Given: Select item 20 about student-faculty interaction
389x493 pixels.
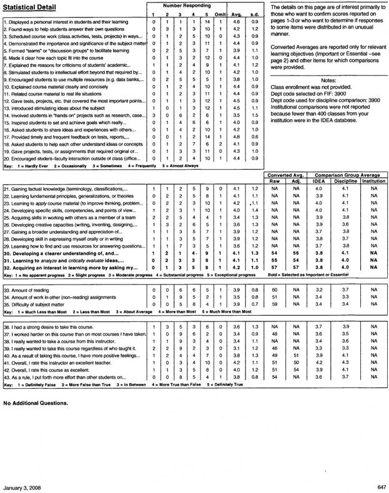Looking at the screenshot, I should pyautogui.click(x=72, y=159).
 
